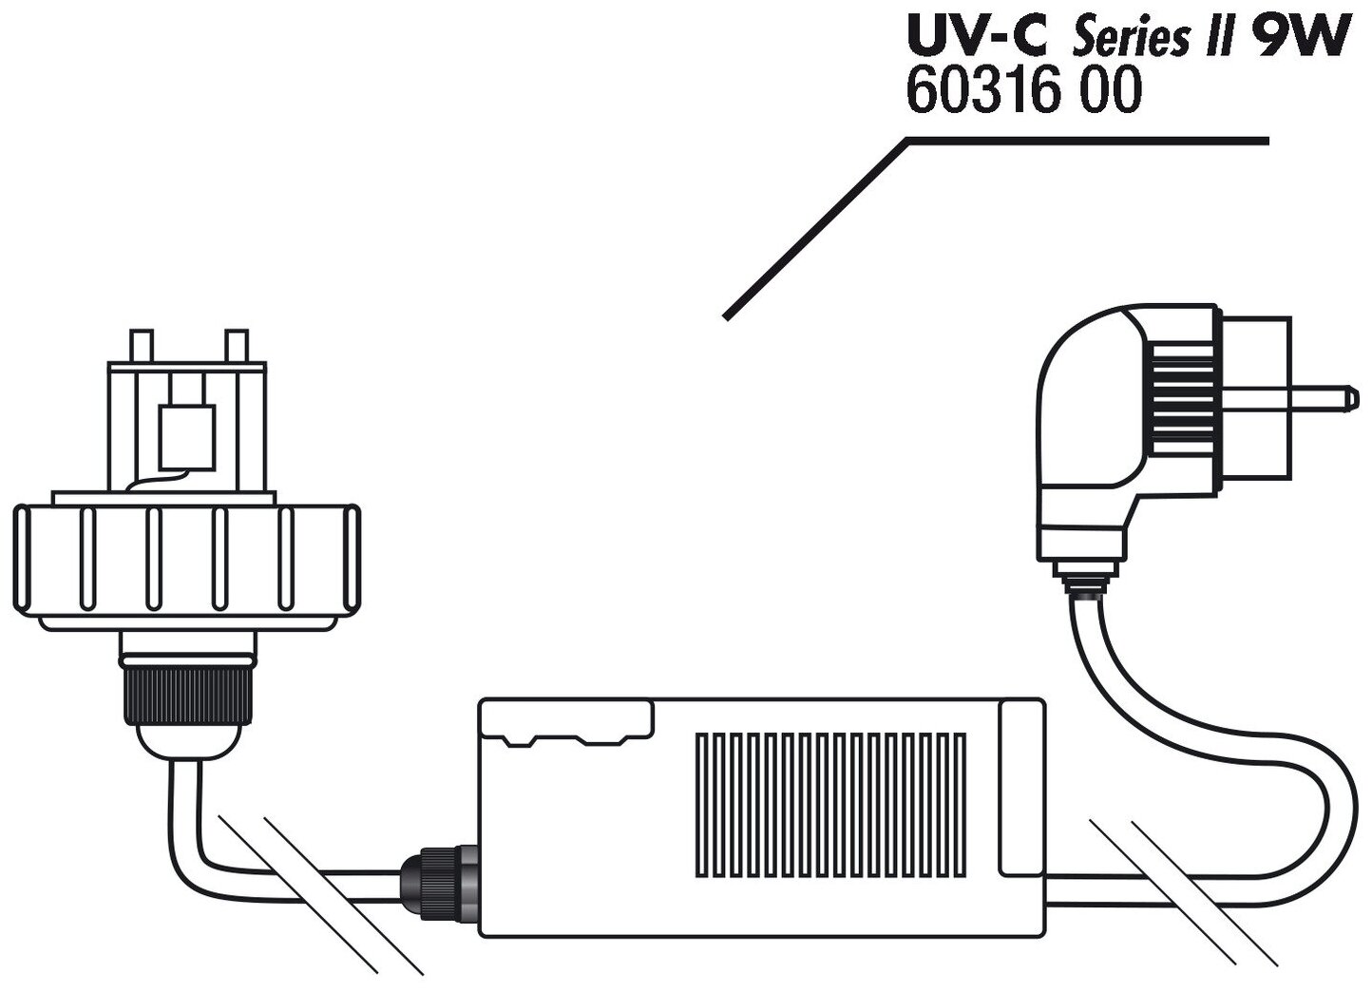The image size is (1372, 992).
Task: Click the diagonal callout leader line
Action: [817, 228]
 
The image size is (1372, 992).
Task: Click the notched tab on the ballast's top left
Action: [566, 719]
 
